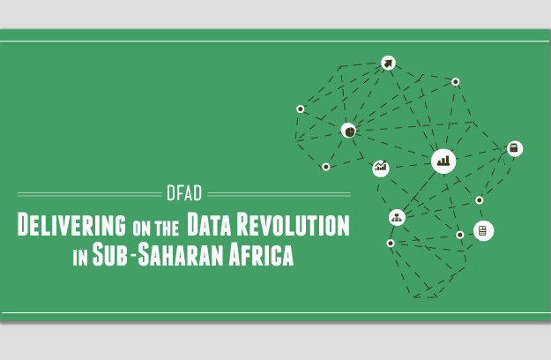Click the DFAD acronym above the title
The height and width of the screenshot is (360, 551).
coord(184,193)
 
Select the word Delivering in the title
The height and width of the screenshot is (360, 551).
coord(71,224)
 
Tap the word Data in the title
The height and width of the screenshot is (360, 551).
coord(209,224)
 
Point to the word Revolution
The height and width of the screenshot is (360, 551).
coord(294,224)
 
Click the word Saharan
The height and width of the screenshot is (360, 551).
coord(181,254)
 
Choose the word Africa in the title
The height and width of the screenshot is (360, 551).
coord(261,254)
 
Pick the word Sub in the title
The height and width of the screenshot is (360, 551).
coord(109,254)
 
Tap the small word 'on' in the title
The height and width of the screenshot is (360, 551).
coord(141,229)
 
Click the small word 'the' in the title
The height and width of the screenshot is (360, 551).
coord(167,229)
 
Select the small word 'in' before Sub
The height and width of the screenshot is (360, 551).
coord(80,259)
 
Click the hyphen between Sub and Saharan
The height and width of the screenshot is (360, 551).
coord(133,255)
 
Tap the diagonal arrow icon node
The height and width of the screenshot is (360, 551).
coord(388,64)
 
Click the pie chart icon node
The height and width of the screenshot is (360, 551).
coord(348,131)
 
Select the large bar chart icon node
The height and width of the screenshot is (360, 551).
coord(443,161)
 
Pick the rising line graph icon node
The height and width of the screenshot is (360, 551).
coord(381,168)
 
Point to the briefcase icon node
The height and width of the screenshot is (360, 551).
coord(515,149)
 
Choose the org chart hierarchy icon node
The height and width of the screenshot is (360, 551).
coord(397,218)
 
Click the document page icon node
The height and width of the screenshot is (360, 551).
coord(483,231)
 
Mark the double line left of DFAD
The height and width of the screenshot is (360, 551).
coord(90,194)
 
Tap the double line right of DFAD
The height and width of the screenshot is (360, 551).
coord(279,194)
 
